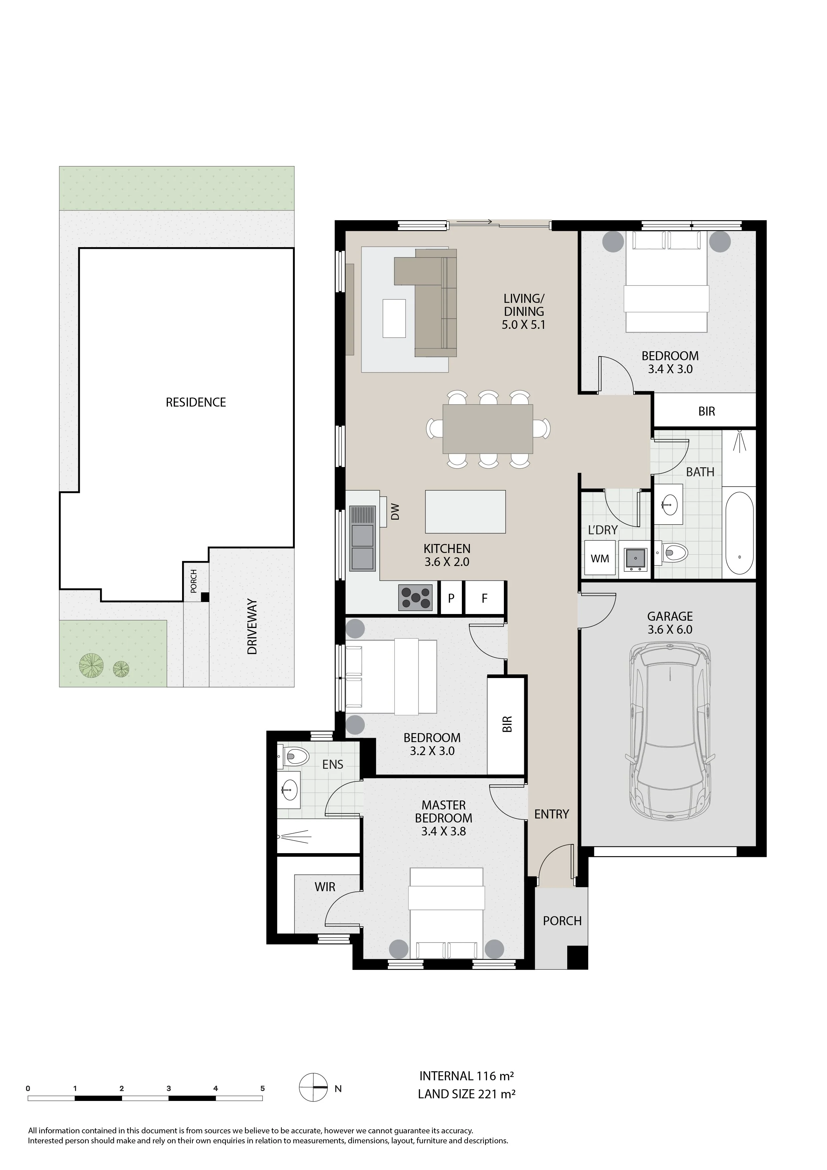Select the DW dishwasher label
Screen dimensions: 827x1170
point(395,512)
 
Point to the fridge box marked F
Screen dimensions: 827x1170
point(485,598)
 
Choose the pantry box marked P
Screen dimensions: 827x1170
point(451,598)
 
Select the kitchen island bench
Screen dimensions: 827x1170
point(465,512)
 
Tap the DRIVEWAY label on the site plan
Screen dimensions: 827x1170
point(252,627)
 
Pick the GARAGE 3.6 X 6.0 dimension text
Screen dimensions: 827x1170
point(670,629)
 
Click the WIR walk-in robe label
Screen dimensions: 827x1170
point(325,887)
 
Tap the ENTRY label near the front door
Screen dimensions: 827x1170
point(551,814)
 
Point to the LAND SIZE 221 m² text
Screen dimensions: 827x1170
point(467,1094)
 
